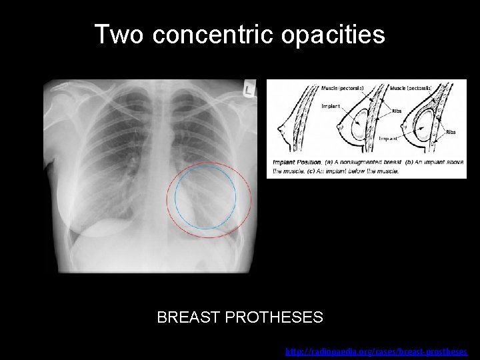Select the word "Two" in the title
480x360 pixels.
pos(118,35)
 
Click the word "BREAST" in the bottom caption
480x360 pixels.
pos(189,317)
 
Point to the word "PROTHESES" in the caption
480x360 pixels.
pos(275,317)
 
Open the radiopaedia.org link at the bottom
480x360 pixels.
pos(377,351)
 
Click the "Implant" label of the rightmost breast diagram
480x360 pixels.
pos(389,139)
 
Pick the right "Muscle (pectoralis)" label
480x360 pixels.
pos(411,87)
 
